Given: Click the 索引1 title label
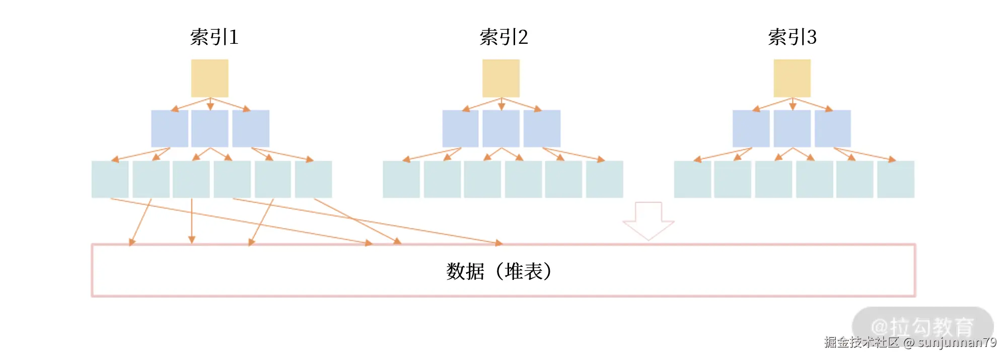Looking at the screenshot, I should tap(214, 37).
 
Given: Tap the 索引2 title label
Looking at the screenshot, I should tap(503, 37).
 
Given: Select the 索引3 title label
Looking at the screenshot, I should tap(792, 37).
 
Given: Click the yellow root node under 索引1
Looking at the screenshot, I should tap(209, 78).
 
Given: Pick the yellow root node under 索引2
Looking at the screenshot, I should tap(501, 78).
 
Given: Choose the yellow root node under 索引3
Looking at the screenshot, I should tap(792, 78).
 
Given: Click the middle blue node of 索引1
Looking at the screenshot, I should tap(209, 128).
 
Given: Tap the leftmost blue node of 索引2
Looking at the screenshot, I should tap(460, 128).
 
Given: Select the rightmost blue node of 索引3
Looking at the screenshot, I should tap(833, 128).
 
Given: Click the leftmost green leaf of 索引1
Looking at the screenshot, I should tap(110, 179).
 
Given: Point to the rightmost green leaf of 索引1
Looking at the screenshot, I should tap(313, 179).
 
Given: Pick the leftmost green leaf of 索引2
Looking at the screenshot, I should tap(401, 179).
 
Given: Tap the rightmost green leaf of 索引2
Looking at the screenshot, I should tap(605, 179).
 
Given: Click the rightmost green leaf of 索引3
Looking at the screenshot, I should tap(896, 179).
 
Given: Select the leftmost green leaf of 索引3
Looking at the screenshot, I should tap(692, 179).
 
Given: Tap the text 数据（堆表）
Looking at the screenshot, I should tap(499, 271).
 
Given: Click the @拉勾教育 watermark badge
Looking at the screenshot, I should tap(922, 326).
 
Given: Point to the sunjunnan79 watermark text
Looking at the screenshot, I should tap(957, 343).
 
